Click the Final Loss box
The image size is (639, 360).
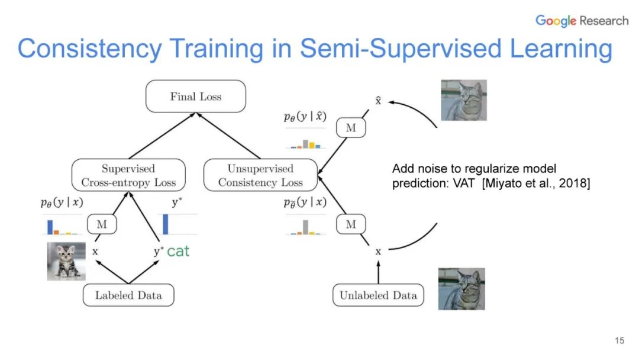tap(195, 97)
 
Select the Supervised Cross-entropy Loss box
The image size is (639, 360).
tap(128, 175)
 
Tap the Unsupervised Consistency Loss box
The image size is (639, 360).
tap(260, 175)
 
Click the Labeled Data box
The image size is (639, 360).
tap(128, 295)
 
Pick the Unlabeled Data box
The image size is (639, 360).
tap(378, 295)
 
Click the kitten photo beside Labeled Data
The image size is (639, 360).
tap(66, 261)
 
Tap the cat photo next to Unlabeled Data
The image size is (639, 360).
tap(461, 289)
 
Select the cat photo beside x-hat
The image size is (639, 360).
tap(463, 100)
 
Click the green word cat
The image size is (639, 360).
tap(178, 251)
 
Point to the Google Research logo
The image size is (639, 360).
tap(582, 21)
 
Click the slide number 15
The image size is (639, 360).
tap(619, 340)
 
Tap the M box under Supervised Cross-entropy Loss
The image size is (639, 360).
tap(101, 224)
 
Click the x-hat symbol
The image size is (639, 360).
tap(378, 101)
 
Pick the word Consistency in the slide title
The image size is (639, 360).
tap(89, 49)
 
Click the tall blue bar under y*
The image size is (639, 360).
tap(166, 224)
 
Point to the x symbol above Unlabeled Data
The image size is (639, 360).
tap(378, 252)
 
